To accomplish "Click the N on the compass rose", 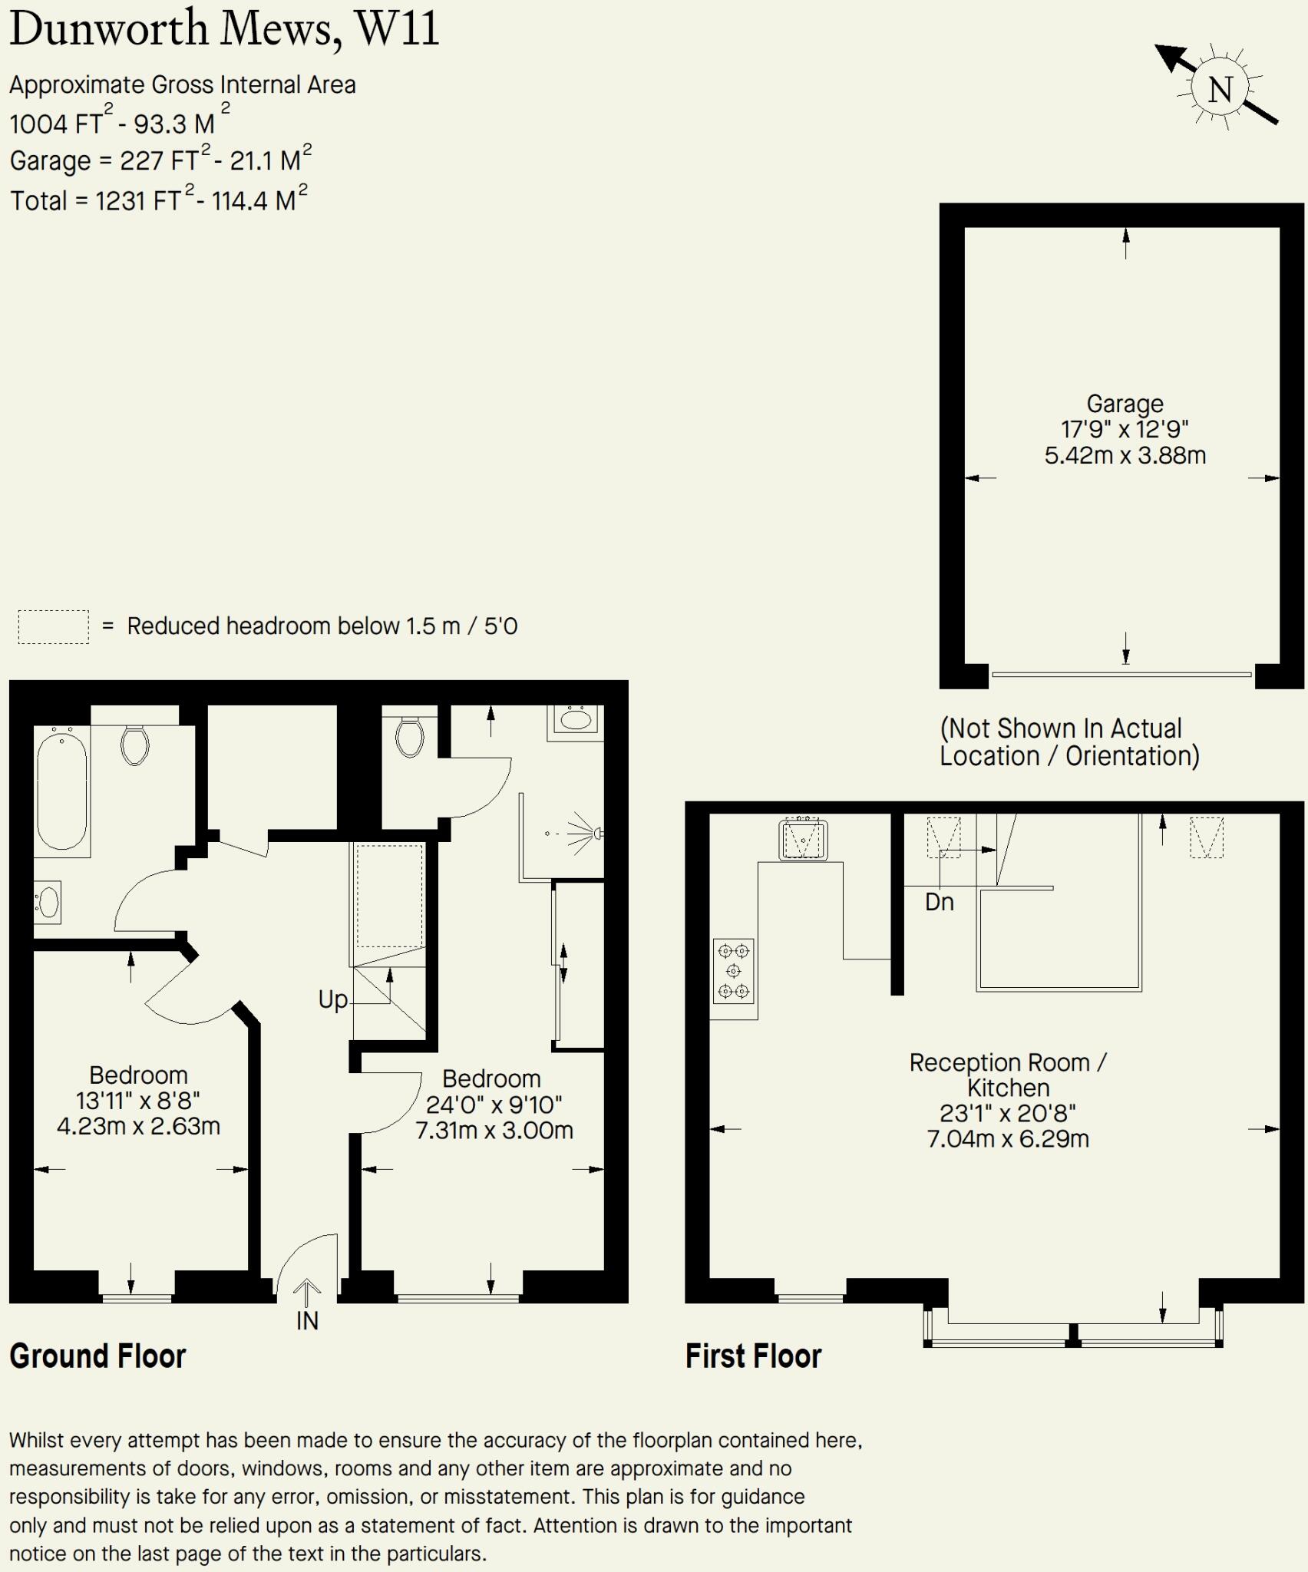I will pos(1220,90).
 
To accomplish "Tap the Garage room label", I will pos(1125,404).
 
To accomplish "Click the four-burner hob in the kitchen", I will pos(733,972).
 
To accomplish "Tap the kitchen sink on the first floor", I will pos(803,840).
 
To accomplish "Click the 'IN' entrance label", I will pos(307,1321).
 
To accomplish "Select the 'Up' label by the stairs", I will pos(333,999).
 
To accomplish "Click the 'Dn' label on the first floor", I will pos(939,902).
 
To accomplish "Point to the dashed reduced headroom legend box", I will pos(53,627).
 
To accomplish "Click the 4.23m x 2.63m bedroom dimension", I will pos(138,1126).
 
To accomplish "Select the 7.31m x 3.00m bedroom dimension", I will pos(494,1130).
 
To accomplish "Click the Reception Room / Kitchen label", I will pos(1007,1075).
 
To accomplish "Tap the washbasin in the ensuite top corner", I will pos(576,720).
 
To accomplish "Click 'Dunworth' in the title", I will pos(109,29).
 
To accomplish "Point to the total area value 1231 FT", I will pos(138,200).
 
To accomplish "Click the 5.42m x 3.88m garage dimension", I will pos(1125,455).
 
